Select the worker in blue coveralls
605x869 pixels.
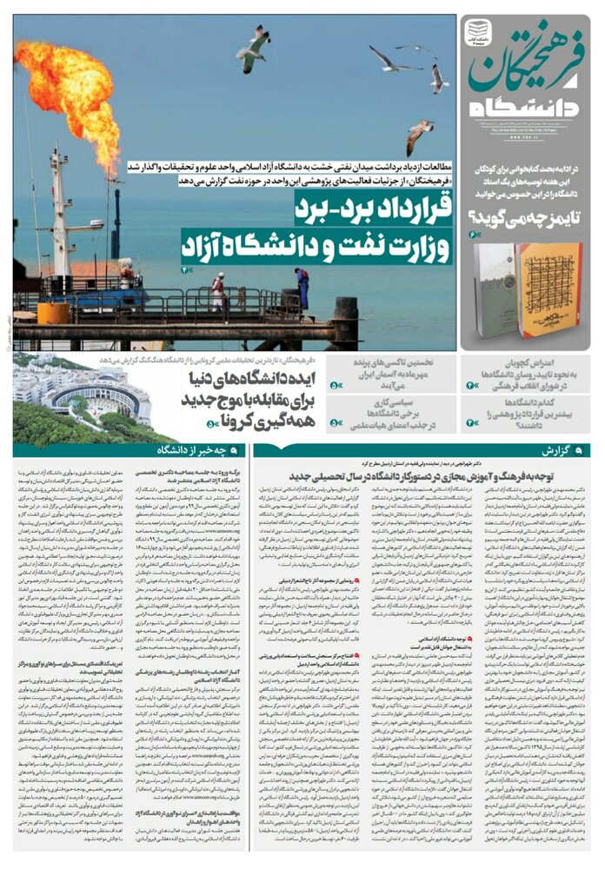point(301,288)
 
